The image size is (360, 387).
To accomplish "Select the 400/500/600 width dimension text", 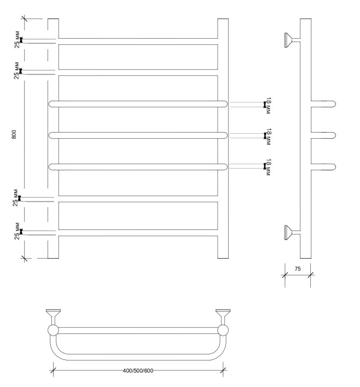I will pos(138,370).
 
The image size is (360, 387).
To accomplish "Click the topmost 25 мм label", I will pos(18,40).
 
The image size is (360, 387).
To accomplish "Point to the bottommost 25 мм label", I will pos(18,231).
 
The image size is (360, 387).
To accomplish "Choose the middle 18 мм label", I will pos(268,135).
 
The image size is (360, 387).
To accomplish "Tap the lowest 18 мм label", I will pos(268,166).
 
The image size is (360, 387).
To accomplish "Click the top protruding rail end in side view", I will pos(323,103).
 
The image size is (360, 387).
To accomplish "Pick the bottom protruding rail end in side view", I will pos(323,166).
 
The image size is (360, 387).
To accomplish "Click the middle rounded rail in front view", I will pos(138,135).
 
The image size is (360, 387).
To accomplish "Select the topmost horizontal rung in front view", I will pos(138,40).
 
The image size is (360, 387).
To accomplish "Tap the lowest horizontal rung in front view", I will pos(138,233).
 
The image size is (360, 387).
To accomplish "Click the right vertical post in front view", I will pos(223,138).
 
